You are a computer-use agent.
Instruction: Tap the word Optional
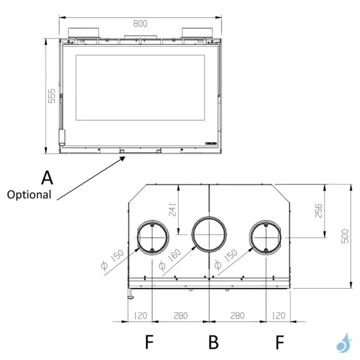[29, 195]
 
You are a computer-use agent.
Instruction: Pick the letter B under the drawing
[213, 342]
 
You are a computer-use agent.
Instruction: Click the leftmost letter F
[149, 342]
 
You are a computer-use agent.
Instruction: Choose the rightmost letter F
[279, 342]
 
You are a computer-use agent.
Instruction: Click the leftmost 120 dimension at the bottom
[141, 314]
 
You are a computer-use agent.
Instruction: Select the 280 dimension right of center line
[236, 314]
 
